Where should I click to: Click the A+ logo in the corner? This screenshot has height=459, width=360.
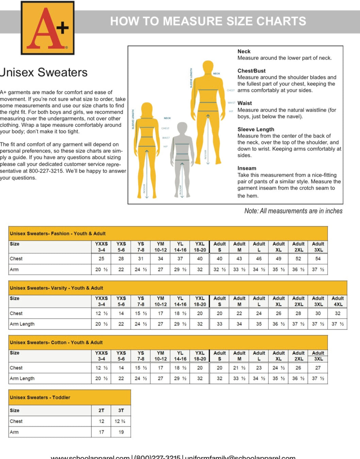pos(48,28)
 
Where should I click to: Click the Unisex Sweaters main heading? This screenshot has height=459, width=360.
pos(44,73)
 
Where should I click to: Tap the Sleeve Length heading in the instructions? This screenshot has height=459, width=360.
pos(256,129)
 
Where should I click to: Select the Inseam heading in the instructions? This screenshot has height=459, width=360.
pos(247,168)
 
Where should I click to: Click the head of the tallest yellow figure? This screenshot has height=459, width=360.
pos(208,67)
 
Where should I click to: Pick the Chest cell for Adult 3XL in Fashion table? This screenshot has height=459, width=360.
pos(318,259)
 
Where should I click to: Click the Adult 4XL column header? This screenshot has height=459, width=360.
pos(338,301)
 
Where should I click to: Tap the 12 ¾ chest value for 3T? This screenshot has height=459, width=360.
pos(120,421)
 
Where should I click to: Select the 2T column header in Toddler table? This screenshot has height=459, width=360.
pos(101,410)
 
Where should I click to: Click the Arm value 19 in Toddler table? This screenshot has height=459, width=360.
pos(121,432)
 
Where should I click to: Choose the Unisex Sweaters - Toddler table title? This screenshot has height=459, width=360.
pos(40,397)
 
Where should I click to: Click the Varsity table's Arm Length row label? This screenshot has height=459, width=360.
pos(22,324)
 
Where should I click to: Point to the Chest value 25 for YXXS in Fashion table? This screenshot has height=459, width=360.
pos(101,259)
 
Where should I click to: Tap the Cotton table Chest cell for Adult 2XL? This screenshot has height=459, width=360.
pos(298,368)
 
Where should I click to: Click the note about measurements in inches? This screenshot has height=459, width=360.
pos(293,211)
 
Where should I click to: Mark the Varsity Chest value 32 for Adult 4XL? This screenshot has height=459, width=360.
pos(338,313)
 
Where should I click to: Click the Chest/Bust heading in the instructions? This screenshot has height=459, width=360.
pos(251,71)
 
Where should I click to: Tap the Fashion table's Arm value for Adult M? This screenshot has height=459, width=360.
pos(239,269)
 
